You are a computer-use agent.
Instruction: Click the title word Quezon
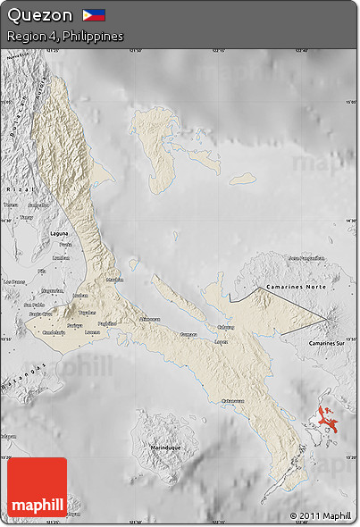(40, 15)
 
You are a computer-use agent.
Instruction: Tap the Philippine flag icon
(94, 15)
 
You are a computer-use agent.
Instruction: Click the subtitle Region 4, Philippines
(64, 37)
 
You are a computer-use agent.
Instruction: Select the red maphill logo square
(37, 488)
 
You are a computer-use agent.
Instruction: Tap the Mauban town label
(114, 280)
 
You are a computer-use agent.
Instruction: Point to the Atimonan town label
(149, 319)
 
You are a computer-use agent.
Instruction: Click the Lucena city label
(92, 330)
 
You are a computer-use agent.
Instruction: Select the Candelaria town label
(54, 332)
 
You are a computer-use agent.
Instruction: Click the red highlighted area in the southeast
(329, 418)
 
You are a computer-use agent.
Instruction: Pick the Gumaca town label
(188, 334)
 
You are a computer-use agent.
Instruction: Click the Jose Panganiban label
(305, 256)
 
